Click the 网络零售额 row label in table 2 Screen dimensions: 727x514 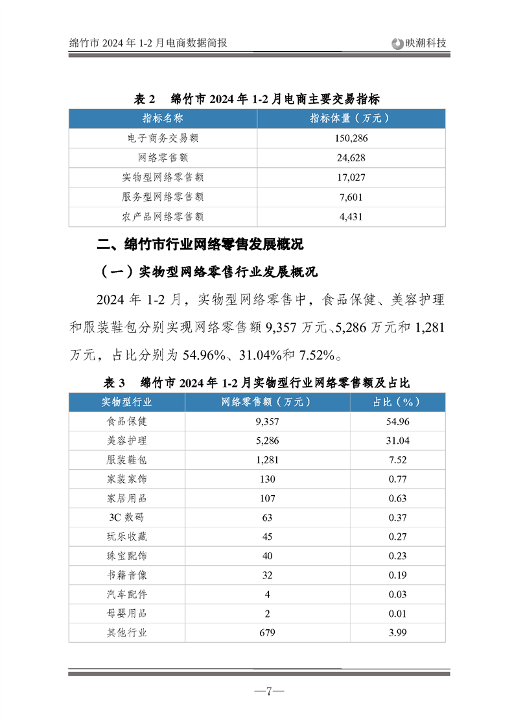coord(163,157)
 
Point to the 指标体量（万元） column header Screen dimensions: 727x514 coord(351,118)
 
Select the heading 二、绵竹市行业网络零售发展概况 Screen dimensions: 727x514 coord(200,245)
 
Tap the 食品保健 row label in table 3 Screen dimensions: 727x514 coord(127,421)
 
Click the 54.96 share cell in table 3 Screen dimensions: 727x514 coord(397,421)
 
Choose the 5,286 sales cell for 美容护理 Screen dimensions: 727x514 coord(267,441)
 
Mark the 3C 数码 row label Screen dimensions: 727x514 coord(127,517)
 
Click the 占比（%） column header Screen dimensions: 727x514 coord(397,402)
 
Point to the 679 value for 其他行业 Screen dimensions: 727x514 coord(267,632)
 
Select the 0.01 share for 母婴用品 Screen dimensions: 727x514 coord(397,613)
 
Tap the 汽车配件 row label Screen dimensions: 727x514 coord(127,594)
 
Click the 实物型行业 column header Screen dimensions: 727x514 coord(127,402)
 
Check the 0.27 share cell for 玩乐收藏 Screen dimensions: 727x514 coord(397,537)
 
